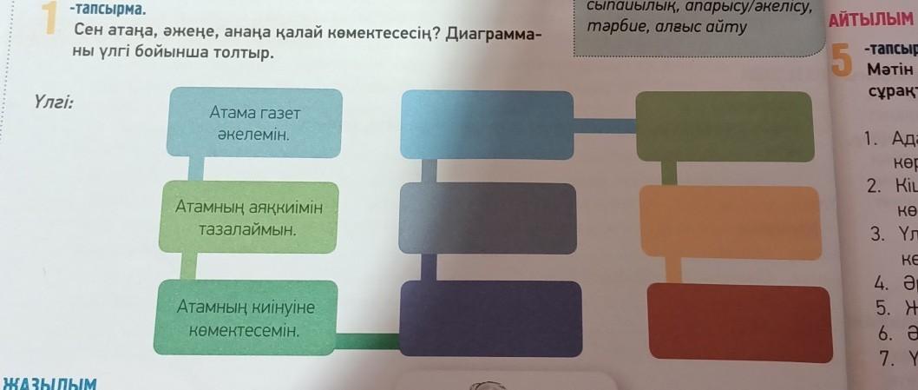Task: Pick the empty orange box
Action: [x=730, y=223]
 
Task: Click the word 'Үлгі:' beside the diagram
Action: [x=53, y=102]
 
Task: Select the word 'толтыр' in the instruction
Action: [x=243, y=54]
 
